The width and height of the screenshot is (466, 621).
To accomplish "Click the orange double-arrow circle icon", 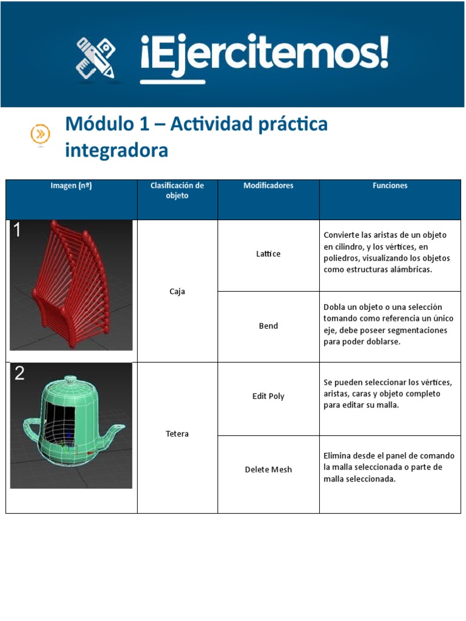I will click(41, 134).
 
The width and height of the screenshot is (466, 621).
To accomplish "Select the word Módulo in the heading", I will click(100, 124).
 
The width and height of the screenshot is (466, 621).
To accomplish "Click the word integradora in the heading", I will click(116, 150).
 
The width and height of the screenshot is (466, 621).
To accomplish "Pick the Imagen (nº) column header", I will click(71, 186).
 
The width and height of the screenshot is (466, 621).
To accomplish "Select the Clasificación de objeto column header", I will click(177, 190).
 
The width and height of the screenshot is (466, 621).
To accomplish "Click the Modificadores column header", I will click(268, 186).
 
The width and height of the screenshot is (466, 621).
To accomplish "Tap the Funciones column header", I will click(390, 186).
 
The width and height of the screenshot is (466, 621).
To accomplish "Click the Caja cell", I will click(177, 291).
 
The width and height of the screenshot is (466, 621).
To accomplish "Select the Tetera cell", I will click(177, 434).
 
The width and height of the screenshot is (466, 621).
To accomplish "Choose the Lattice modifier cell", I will click(268, 254).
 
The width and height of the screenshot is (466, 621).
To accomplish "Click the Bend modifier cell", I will click(268, 326).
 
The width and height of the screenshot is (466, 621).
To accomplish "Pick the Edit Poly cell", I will click(268, 397).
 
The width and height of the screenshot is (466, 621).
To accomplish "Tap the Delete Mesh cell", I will click(268, 469).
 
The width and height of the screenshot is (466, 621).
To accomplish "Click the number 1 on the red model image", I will click(18, 230).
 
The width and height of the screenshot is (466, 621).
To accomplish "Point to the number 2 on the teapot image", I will click(19, 373).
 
